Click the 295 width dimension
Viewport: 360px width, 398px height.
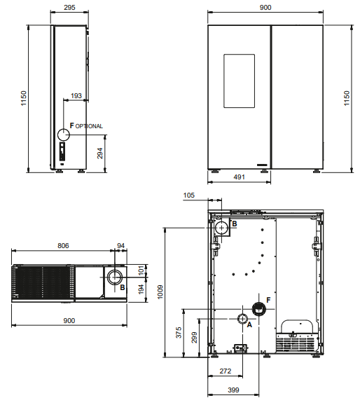point(69,8)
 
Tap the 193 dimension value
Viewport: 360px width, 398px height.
point(76,96)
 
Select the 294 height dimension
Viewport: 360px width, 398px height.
point(100,153)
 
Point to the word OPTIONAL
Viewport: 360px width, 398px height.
point(89,126)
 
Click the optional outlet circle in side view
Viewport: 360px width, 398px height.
point(64,135)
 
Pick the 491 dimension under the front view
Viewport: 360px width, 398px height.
point(239,177)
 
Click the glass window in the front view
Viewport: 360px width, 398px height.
point(239,81)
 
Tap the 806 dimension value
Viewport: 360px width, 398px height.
point(63,245)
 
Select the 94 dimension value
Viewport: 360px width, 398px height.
point(120,245)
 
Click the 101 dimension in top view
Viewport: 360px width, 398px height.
point(141,270)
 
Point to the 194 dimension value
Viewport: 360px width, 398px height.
point(141,289)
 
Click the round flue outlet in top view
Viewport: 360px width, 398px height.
point(115,277)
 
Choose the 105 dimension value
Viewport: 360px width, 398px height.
point(188,195)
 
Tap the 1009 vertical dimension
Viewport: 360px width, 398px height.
point(160,292)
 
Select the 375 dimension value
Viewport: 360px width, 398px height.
point(179,333)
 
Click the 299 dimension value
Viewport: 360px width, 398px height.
point(194,337)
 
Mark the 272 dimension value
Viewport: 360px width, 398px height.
point(226,371)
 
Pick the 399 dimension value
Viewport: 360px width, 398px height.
point(233,390)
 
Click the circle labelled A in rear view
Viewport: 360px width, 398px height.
point(242,319)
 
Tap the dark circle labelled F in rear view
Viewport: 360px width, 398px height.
point(259,309)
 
